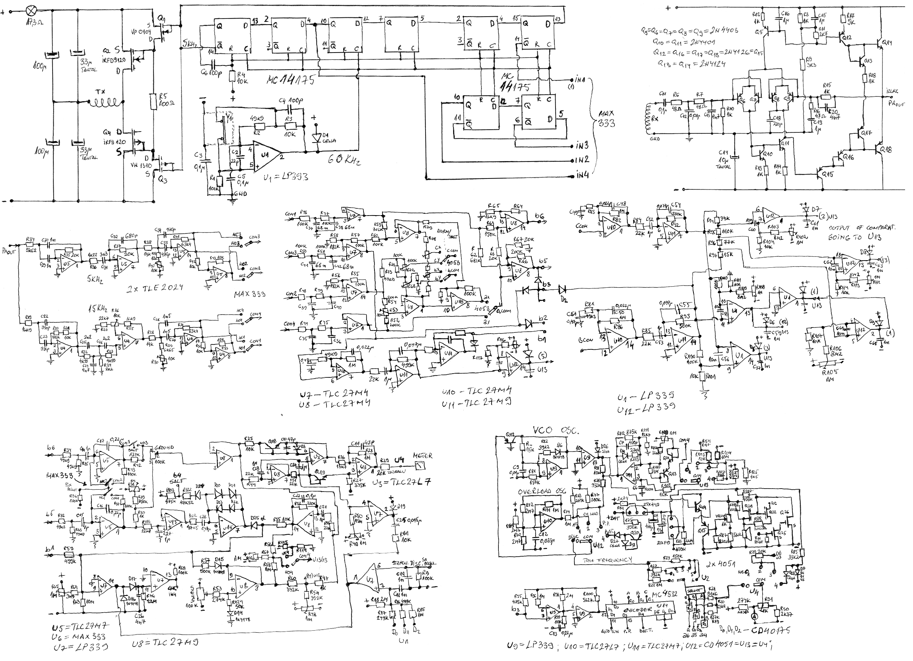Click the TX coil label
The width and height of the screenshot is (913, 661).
click(x=100, y=92)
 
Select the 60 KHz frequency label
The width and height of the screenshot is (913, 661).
click(x=344, y=160)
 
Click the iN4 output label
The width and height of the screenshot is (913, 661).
click(x=582, y=175)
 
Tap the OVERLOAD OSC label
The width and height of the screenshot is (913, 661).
click(x=538, y=492)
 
